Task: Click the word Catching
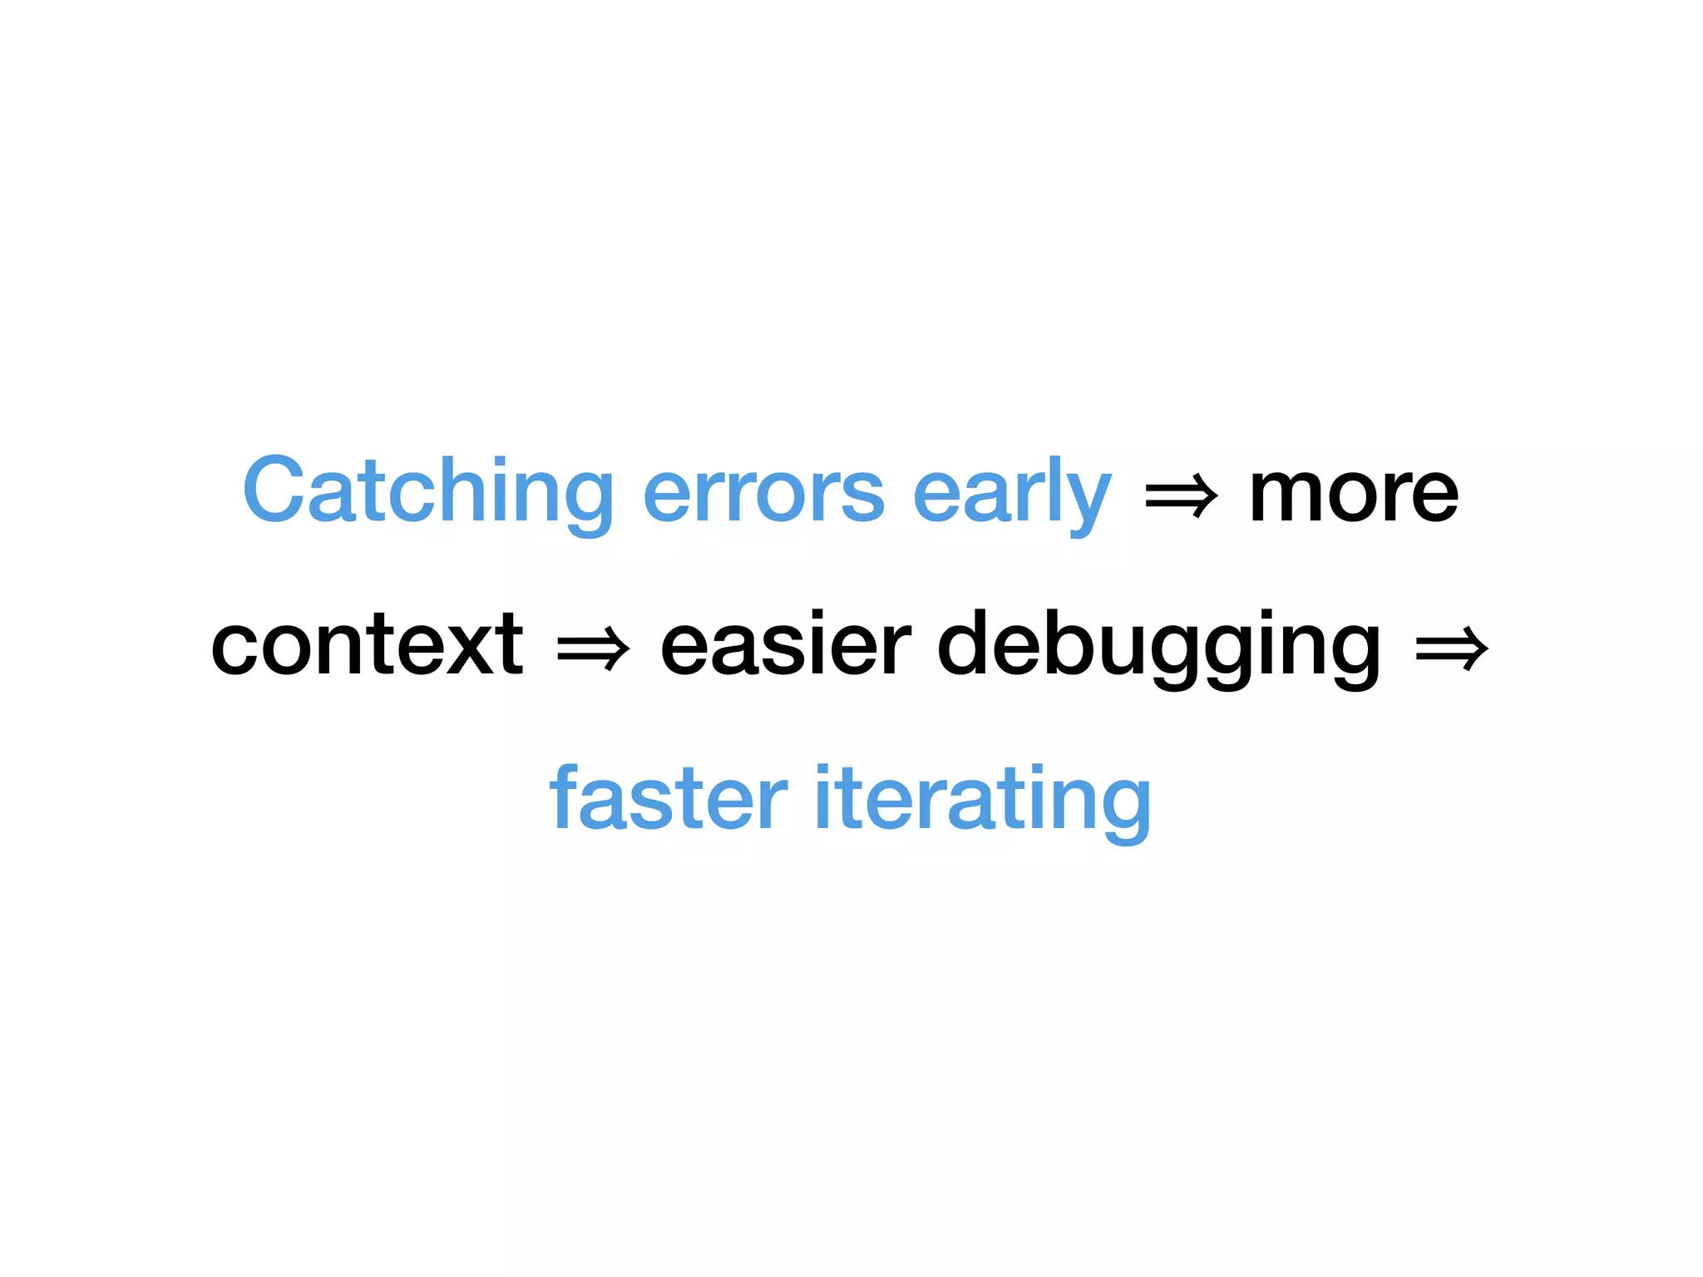(427, 492)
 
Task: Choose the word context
(367, 644)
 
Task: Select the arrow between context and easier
(593, 648)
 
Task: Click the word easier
(785, 644)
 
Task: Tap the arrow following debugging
(1451, 648)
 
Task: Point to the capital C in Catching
(275, 491)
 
